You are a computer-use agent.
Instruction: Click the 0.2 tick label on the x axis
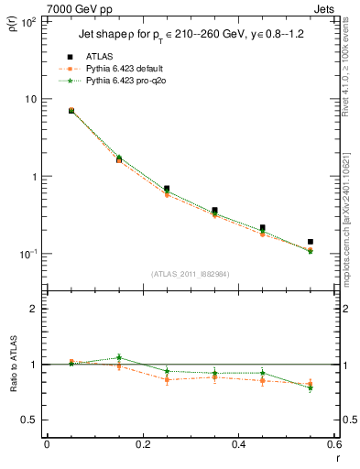click(142, 444)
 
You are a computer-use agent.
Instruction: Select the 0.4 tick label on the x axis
click(238, 444)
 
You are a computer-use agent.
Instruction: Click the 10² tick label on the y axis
click(27, 21)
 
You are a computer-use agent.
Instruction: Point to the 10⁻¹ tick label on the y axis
click(27, 254)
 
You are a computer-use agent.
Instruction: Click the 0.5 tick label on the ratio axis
click(29, 420)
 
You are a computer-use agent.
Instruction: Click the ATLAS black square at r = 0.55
click(311, 242)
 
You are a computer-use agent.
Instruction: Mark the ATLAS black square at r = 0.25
click(166, 189)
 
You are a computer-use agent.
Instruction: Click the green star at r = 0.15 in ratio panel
click(118, 357)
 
